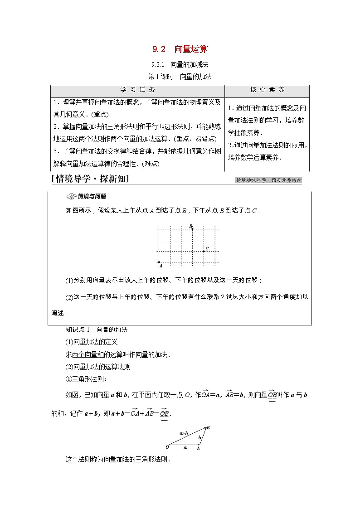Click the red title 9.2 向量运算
tap(180, 49)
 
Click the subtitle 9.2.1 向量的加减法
tap(180, 65)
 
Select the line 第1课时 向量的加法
tap(180, 77)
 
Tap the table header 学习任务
tap(137, 90)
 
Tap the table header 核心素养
tap(267, 90)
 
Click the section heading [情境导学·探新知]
tap(91, 179)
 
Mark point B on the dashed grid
tap(192, 229)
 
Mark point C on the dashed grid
tap(204, 251)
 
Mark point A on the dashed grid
tap(159, 262)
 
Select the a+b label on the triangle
tap(183, 433)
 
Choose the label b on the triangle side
tap(199, 437)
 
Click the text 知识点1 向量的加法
tap(97, 330)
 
